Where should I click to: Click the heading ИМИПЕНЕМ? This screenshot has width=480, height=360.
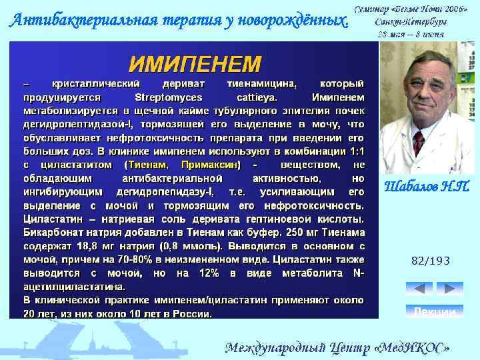pos(195,65)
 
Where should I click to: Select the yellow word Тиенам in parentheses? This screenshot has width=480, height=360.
pos(148,164)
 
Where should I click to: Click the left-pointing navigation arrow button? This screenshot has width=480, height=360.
pos(419,289)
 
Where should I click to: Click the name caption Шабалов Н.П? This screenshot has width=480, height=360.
pos(427,187)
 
